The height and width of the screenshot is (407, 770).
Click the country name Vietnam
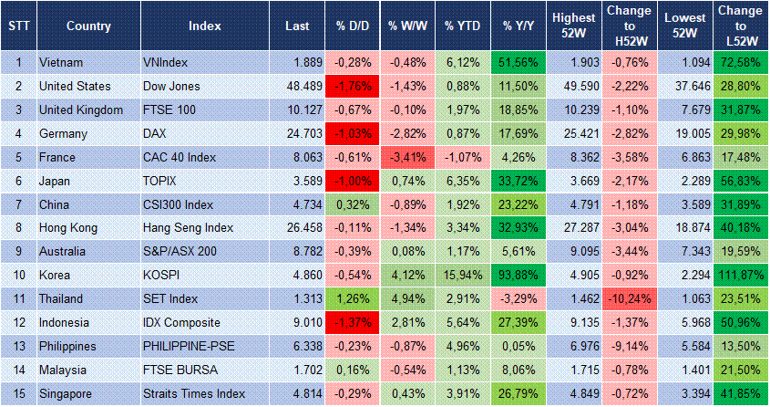click(62, 62)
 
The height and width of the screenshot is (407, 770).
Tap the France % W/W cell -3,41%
click(406, 157)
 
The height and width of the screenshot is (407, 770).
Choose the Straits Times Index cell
click(194, 394)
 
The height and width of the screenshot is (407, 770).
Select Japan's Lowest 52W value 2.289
click(685, 181)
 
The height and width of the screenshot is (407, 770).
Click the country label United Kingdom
click(81, 110)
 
